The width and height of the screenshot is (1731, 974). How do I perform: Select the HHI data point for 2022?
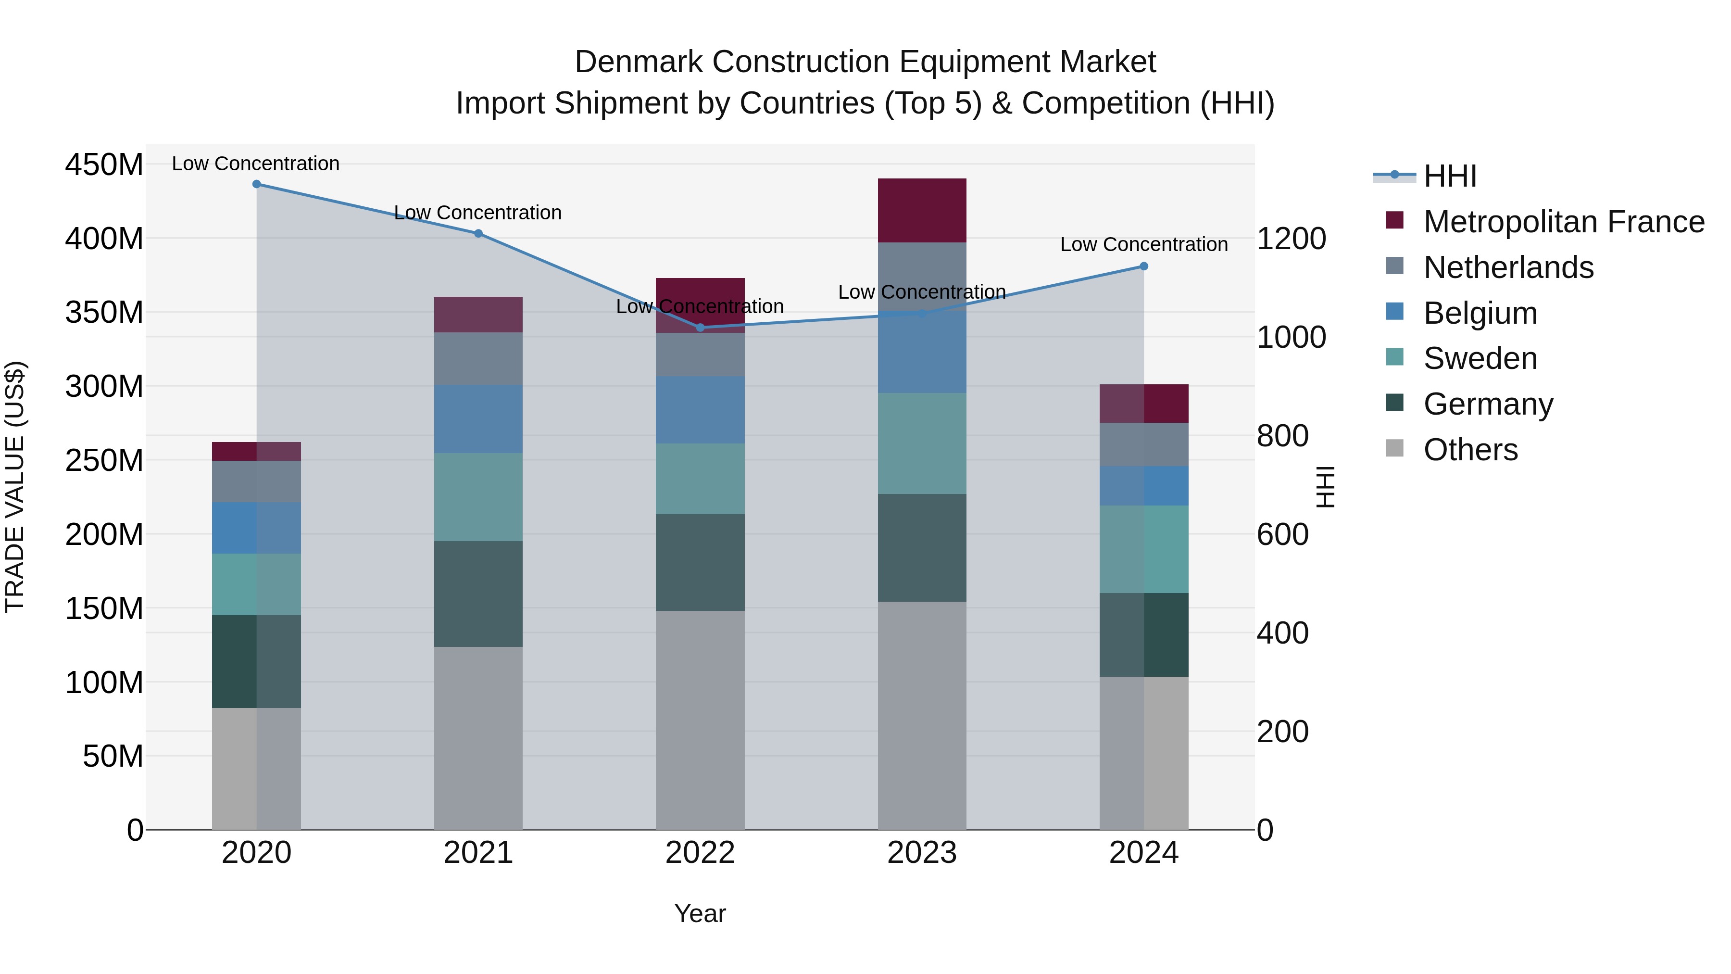click(x=700, y=328)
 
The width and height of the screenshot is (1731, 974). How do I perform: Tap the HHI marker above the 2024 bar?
click(x=1144, y=266)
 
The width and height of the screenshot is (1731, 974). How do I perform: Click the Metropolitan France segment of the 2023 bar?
click(x=922, y=210)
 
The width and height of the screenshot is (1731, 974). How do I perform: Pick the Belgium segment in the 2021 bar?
click(x=478, y=419)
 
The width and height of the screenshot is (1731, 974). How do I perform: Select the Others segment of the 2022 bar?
click(x=700, y=719)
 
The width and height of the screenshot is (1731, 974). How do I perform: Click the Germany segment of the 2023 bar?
click(x=922, y=547)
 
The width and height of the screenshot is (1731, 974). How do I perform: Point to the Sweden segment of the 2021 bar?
click(x=478, y=497)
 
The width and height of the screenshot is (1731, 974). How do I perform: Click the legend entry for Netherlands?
click(x=1508, y=267)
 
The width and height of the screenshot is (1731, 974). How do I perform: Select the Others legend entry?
click(x=1470, y=450)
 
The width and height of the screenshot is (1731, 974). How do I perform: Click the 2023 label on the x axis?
click(x=922, y=853)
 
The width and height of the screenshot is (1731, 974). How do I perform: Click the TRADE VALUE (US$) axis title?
click(x=15, y=487)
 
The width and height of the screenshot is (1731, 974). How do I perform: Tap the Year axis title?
click(x=700, y=913)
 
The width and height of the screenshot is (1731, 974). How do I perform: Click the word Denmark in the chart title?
click(x=639, y=62)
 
